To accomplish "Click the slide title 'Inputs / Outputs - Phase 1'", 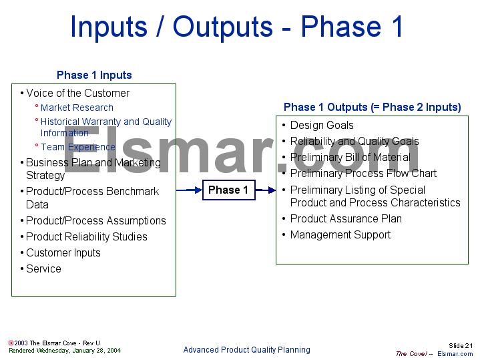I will pos(237,27).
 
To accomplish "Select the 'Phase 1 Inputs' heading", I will pos(94,75).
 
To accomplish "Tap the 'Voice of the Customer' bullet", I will pos(77,93).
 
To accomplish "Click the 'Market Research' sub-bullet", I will pos(77,108).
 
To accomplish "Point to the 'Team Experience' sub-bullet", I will pos(77,147).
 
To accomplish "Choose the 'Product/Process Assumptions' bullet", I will pos(95,220).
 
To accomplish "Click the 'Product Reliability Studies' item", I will pos(86,236).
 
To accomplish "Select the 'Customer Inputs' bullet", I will pos(63,252).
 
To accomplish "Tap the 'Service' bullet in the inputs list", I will pos(43,268).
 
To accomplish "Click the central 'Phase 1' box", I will pos(228,190).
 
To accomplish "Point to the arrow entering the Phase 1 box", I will pos(190,190).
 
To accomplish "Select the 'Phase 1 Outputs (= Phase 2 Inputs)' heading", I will pos(372,107).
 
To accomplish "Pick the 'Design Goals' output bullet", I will pos(322,125).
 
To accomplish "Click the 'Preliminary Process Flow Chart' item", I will pos(363,173).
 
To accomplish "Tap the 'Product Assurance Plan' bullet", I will pos(346,218).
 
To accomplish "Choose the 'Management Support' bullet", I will pos(340,234).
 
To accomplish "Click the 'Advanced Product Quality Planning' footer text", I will pos(246,349).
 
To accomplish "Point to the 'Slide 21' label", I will pos(460,345).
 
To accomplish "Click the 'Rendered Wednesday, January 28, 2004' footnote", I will pos(65,350).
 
